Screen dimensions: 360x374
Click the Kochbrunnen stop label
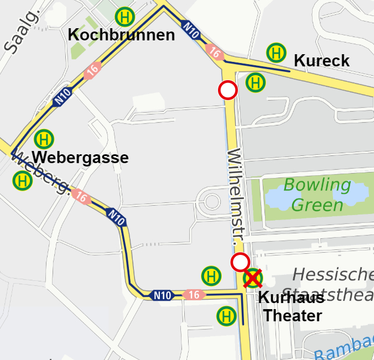121,35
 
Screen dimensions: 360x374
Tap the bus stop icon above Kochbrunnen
125,17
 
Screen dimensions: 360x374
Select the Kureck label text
321,60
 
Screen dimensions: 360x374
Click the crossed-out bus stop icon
253,279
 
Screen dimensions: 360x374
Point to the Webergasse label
80,158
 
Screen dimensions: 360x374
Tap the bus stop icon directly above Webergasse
44,139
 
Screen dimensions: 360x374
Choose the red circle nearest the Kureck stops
228,90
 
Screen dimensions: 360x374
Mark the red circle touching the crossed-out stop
240,262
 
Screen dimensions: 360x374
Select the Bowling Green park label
317,195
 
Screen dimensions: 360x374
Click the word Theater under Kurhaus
292,316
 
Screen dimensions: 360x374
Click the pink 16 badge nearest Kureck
215,53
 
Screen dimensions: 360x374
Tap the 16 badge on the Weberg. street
81,196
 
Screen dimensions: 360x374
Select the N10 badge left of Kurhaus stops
163,295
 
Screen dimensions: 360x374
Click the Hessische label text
333,274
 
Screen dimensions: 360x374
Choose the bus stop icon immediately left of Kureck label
276,53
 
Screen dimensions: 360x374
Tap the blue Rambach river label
345,349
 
